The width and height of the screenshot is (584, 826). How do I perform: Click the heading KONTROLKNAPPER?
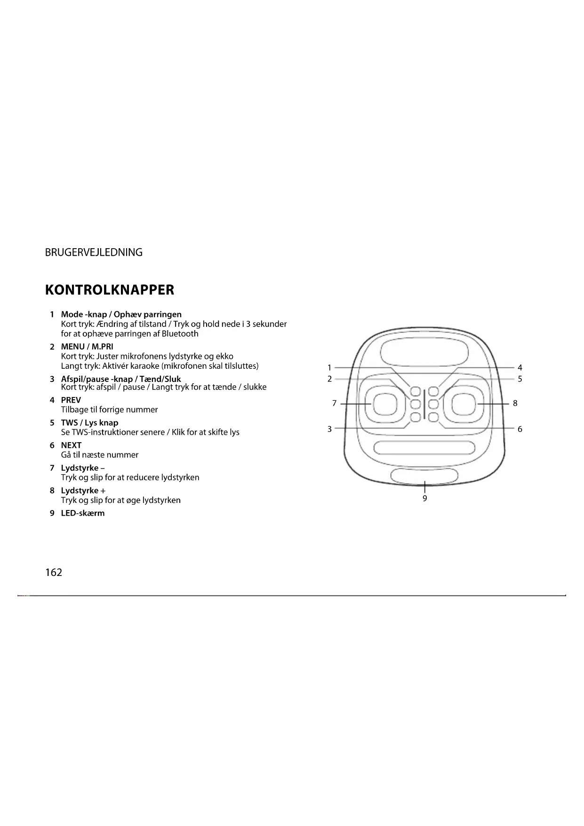click(109, 290)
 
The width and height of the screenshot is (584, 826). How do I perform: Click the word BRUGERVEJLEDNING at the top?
click(94, 252)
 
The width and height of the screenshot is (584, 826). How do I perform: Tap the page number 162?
click(54, 573)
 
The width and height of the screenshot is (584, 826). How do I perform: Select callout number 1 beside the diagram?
click(329, 368)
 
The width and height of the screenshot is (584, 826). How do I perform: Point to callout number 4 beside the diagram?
click(520, 368)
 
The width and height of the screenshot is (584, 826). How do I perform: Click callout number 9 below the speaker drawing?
click(424, 499)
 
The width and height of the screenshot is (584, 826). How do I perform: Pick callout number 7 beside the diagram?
click(334, 403)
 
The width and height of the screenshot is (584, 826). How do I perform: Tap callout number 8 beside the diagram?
click(515, 403)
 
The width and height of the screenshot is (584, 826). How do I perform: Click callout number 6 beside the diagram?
click(520, 429)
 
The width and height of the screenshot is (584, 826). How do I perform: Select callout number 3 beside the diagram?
click(329, 429)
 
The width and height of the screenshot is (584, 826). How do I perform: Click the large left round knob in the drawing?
click(384, 404)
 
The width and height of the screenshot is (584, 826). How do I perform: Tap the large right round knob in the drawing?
click(464, 404)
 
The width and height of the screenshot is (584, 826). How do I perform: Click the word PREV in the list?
click(71, 400)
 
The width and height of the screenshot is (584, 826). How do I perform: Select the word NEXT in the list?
click(71, 445)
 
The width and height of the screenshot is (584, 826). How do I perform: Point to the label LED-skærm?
click(83, 513)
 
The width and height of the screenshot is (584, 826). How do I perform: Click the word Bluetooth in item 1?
click(180, 334)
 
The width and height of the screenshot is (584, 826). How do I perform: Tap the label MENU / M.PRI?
click(87, 347)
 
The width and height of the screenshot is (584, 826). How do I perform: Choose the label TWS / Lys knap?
click(89, 423)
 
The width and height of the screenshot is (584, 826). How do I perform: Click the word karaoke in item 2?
click(145, 366)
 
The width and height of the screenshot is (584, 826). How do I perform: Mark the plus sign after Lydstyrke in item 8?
click(103, 491)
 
